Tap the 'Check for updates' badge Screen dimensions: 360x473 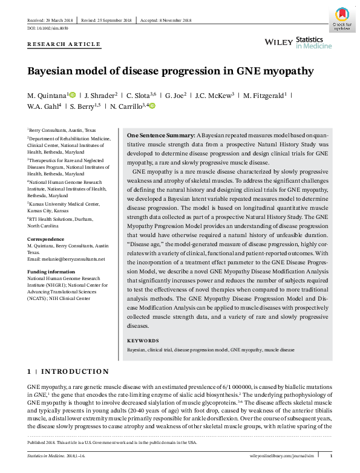coord(341,19)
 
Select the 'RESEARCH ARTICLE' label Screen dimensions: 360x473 coord(64,45)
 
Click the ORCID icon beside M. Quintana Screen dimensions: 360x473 coord(73,95)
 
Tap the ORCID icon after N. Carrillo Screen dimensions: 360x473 coord(152,106)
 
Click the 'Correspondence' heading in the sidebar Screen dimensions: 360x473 coord(45,240)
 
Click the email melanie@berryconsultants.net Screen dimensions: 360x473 coord(66,259)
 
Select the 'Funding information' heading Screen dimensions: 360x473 coord(50,272)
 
